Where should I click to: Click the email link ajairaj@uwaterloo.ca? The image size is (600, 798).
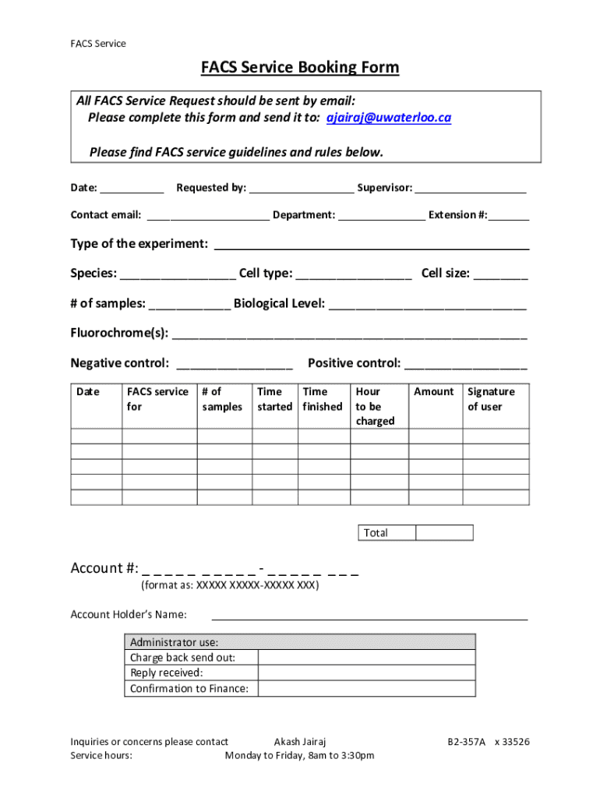[x=388, y=118]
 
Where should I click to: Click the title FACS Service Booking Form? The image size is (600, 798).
[x=300, y=68]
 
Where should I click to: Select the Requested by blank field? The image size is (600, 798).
[x=301, y=188]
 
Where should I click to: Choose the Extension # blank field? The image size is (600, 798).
[x=509, y=215]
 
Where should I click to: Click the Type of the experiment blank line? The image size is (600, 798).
[x=372, y=245]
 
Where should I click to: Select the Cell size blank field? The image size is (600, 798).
[x=500, y=274]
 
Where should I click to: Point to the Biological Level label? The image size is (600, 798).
[x=279, y=303]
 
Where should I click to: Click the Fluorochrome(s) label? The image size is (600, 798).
[x=119, y=333]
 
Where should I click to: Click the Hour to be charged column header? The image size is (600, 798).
[x=375, y=406]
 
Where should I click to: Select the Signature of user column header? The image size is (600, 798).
[x=491, y=399]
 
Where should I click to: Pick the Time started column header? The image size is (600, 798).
[x=274, y=399]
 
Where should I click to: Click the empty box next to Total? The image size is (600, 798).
[x=444, y=533]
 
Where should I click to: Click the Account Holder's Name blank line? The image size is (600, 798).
[x=369, y=615]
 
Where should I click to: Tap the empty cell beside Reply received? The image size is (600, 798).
[x=366, y=673]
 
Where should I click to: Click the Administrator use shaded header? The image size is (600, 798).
[x=300, y=642]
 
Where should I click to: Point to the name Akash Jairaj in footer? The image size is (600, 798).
[x=297, y=742]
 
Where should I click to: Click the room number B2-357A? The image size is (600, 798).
[x=466, y=742]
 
